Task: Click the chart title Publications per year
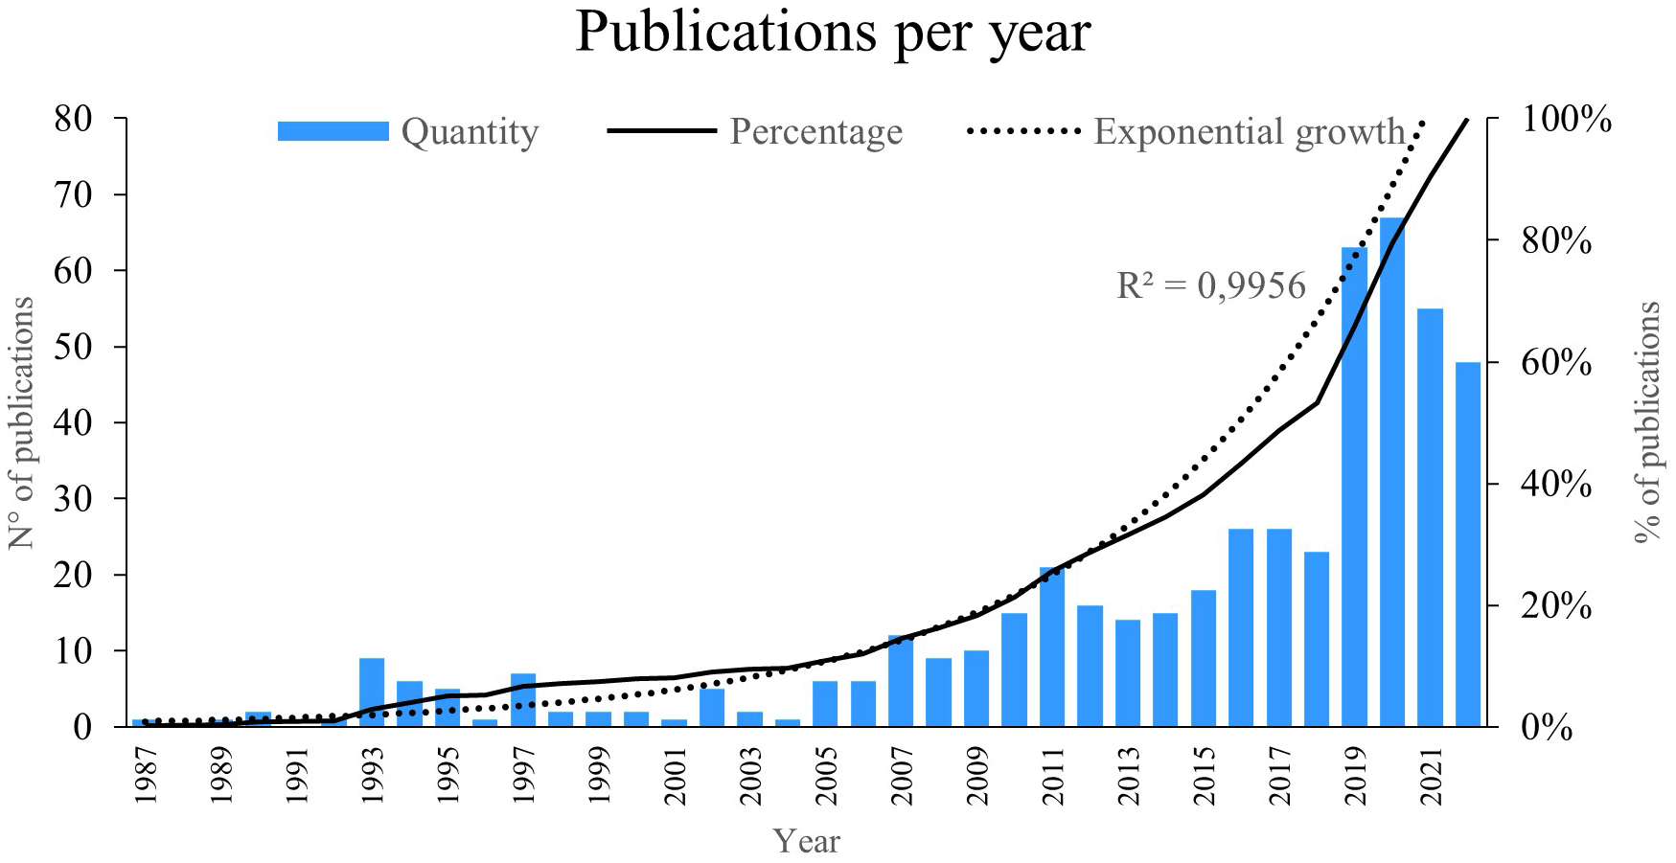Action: (833, 33)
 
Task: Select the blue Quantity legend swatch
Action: (333, 131)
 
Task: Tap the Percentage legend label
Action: (815, 131)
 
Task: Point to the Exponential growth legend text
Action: (1250, 131)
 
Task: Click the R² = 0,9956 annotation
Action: (1211, 285)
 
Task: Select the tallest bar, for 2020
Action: (1391, 471)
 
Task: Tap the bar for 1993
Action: (372, 692)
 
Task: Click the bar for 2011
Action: (1052, 647)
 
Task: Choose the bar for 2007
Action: (901, 680)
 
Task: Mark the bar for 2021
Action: (1430, 517)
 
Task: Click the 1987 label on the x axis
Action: (146, 777)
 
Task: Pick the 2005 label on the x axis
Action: (825, 777)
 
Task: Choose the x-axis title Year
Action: (807, 841)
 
